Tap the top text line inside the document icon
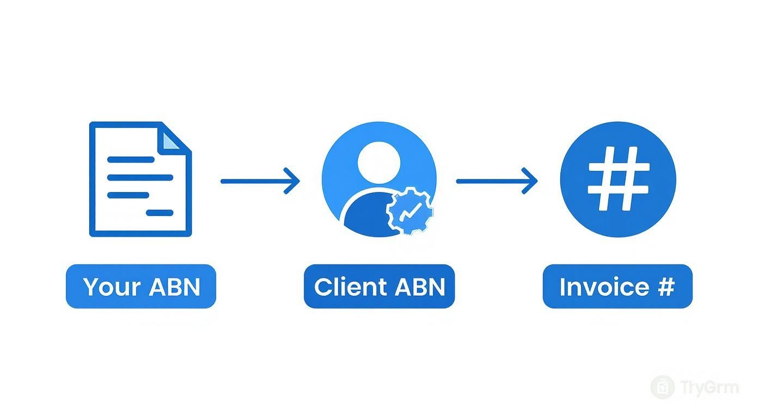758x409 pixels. tap(131, 160)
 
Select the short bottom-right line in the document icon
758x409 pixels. tap(160, 213)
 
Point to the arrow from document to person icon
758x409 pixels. tap(260, 181)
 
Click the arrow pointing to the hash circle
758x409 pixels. tap(496, 181)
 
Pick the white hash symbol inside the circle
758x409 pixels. tap(618, 179)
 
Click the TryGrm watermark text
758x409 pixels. tap(710, 388)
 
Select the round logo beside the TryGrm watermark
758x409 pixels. tap(663, 387)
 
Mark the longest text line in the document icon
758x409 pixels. tap(140, 177)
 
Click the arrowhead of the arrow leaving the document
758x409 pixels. tap(294, 181)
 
